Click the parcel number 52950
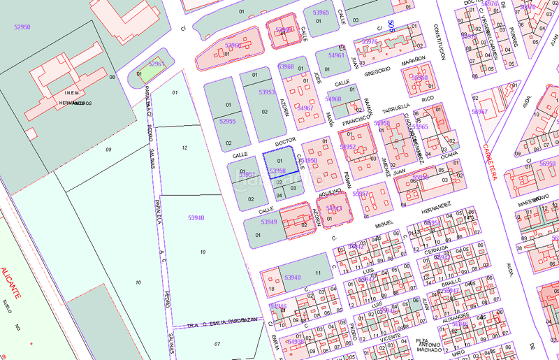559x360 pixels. pos(22,27)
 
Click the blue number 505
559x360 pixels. pos(391,27)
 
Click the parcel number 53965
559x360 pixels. pos(321,13)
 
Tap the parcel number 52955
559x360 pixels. pos(227,121)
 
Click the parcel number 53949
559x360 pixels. pos(269,222)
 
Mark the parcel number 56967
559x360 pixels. pos(480,112)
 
